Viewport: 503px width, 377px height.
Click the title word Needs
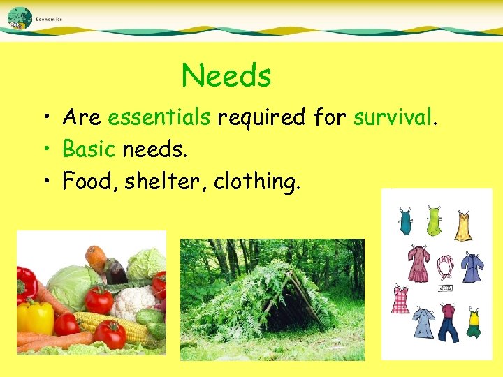226,75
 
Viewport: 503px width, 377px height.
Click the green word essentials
159,118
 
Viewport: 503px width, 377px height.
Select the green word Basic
89,149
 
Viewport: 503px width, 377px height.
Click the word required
261,119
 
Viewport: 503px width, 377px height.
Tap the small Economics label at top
49,19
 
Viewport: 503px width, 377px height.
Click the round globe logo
19,17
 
